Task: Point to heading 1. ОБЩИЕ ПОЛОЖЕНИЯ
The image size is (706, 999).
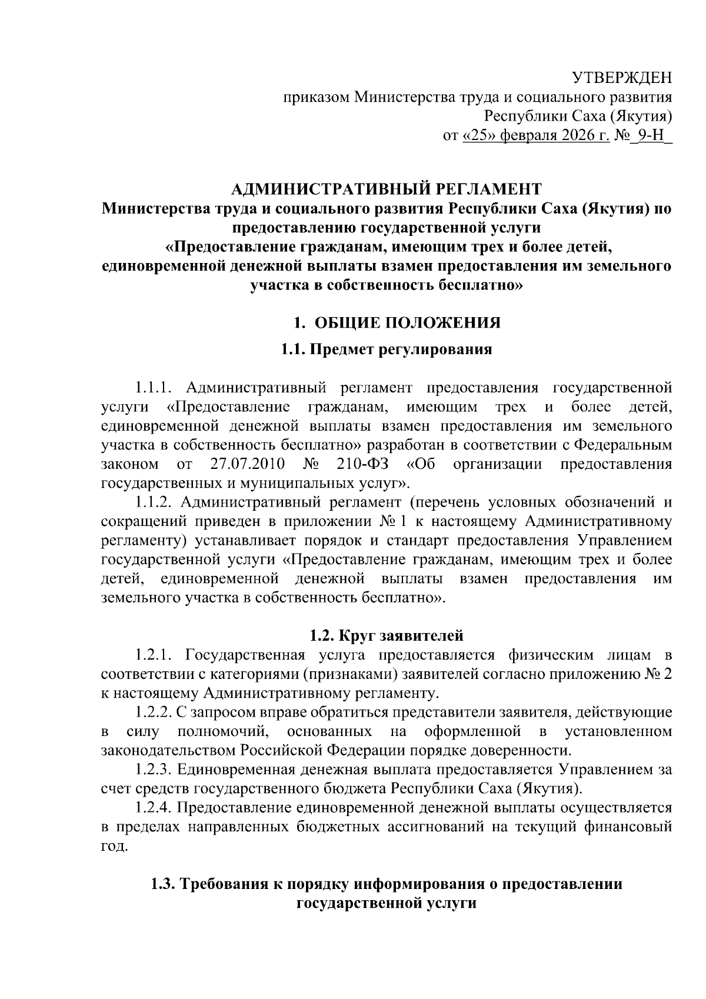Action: click(397, 323)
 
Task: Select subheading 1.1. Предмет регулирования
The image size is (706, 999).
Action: click(386, 350)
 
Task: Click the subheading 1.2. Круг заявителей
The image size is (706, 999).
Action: click(386, 635)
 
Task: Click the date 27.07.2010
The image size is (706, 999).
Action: click(247, 464)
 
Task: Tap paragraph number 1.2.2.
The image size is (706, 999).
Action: click(153, 712)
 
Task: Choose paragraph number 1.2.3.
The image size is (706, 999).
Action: click(153, 770)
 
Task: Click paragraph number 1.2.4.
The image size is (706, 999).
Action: click(153, 808)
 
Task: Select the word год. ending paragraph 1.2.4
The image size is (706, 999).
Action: click(114, 847)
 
